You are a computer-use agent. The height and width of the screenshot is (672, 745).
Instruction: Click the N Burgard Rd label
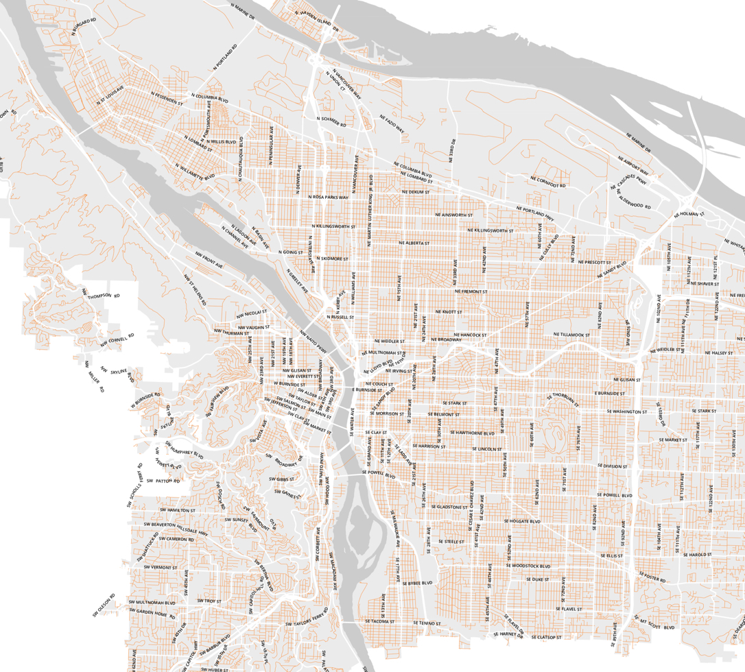(82, 25)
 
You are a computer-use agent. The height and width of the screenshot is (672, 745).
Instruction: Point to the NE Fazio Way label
(392, 123)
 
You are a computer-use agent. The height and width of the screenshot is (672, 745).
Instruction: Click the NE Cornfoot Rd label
(547, 182)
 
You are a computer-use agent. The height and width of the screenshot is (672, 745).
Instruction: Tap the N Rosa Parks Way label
(329, 197)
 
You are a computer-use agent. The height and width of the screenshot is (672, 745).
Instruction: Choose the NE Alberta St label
(413, 243)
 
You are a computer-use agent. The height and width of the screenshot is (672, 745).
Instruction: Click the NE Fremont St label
(470, 291)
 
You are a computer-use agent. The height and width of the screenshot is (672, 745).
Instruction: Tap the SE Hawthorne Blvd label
(472, 433)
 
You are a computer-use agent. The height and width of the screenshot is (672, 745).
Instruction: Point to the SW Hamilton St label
(178, 510)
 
